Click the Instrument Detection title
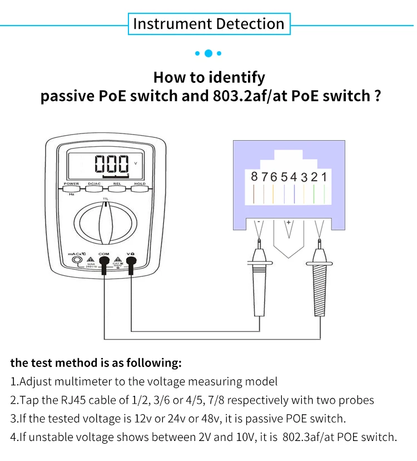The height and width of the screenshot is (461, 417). (209, 24)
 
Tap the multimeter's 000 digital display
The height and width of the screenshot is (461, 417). (111, 165)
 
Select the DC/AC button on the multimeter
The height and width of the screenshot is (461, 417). (95, 188)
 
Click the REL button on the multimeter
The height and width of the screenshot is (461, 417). (117, 188)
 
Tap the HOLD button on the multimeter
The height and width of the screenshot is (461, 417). (139, 188)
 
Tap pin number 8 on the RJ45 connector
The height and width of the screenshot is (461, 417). (254, 177)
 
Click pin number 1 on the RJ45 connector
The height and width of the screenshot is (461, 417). (324, 177)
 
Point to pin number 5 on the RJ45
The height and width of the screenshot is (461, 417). (284, 177)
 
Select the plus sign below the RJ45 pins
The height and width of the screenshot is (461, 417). (289, 222)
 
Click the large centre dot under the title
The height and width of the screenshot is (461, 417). (209, 53)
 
